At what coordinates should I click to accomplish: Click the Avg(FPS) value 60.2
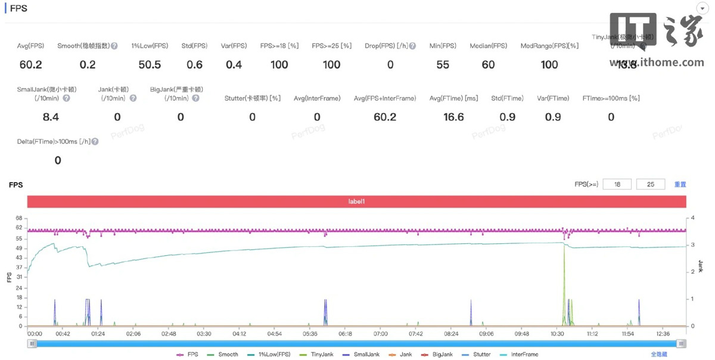click(x=30, y=64)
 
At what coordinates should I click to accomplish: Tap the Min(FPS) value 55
click(x=443, y=64)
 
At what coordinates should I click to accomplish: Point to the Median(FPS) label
click(x=488, y=46)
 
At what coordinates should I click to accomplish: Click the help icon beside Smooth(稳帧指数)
click(x=114, y=46)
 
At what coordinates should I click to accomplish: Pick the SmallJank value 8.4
click(x=51, y=117)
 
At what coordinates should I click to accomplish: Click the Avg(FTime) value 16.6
click(x=453, y=117)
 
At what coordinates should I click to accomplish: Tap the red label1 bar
click(x=356, y=201)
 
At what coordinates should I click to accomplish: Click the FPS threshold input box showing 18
click(x=618, y=185)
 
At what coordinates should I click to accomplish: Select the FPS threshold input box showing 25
click(x=651, y=185)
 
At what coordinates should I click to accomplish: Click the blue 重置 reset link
click(x=680, y=185)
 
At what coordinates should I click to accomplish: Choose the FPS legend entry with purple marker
click(x=188, y=355)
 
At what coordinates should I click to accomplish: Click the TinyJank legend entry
click(x=317, y=355)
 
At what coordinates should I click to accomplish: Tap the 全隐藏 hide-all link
click(x=658, y=355)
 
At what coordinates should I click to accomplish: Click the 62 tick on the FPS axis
click(x=18, y=228)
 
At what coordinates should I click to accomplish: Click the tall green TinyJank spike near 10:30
click(x=564, y=274)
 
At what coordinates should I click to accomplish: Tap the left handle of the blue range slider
click(x=32, y=343)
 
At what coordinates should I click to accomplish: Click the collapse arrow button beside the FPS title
click(x=702, y=8)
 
